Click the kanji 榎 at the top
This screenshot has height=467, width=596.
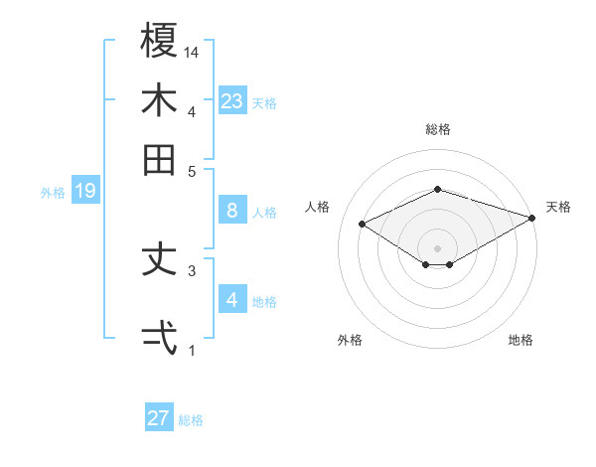(x=159, y=41)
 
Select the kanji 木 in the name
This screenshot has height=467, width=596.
(x=159, y=100)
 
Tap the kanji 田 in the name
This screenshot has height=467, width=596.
(x=159, y=159)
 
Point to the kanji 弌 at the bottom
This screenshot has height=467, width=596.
(x=159, y=337)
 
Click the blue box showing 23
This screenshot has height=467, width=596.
(x=231, y=100)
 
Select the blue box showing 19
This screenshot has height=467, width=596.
(x=84, y=191)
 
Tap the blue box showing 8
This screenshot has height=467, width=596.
(x=231, y=211)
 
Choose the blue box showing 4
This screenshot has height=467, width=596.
(x=231, y=300)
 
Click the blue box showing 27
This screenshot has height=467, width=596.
(x=159, y=418)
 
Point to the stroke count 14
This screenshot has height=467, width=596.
(x=193, y=52)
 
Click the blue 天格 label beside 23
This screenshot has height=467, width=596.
(x=264, y=102)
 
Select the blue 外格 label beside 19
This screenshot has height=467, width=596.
(x=53, y=193)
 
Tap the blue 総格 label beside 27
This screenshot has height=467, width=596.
(x=191, y=420)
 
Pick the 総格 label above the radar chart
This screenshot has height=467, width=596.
(x=437, y=129)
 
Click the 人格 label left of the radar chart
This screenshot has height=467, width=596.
(x=318, y=207)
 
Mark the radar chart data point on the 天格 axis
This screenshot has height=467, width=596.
(x=532, y=216)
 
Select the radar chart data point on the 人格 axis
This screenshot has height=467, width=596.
(x=363, y=224)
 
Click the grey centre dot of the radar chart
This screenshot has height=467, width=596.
(x=437, y=247)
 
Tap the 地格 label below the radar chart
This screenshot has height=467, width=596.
(x=521, y=340)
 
